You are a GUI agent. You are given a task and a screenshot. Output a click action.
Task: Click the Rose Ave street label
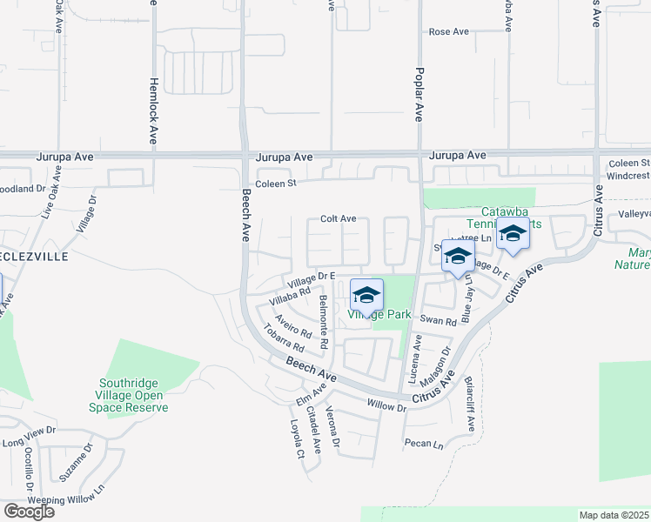pyautogui.click(x=448, y=31)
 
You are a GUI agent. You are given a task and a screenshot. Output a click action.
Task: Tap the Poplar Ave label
pyautogui.click(x=419, y=94)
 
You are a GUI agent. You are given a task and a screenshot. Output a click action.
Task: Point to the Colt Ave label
pyautogui.click(x=339, y=219)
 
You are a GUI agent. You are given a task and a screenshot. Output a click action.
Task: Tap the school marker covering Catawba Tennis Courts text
pyautogui.click(x=513, y=237)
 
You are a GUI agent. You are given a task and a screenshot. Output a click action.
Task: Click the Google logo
pyautogui.click(x=29, y=512)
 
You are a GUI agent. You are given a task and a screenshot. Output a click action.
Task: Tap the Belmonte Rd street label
pyautogui.click(x=323, y=322)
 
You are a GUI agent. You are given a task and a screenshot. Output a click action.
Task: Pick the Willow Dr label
pyautogui.click(x=386, y=405)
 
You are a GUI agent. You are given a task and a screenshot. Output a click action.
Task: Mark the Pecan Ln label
pyautogui.click(x=423, y=444)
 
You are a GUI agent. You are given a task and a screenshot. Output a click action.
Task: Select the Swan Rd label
pyautogui.click(x=438, y=321)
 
